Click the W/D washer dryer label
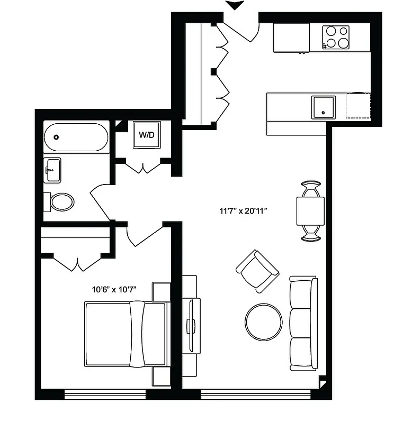click(x=147, y=135)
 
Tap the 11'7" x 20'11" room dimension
click(x=246, y=211)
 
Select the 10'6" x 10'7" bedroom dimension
click(x=114, y=289)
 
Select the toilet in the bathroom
click(x=60, y=201)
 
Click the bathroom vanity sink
click(x=52, y=170)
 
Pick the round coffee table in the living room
click(x=263, y=322)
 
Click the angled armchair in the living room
click(x=257, y=271)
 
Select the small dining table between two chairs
click(x=310, y=211)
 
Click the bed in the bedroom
click(x=126, y=334)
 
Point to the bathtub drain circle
click(x=56, y=137)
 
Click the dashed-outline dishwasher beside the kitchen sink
click(x=358, y=106)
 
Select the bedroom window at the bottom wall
click(x=105, y=394)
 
